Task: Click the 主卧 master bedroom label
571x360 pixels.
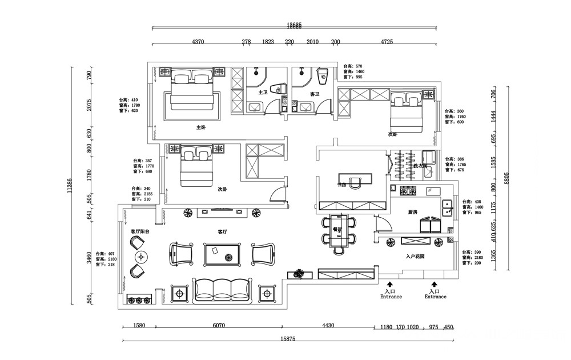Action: tap(201, 127)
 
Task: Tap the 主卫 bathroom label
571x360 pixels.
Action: tap(263, 92)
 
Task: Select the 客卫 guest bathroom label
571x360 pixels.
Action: tap(314, 94)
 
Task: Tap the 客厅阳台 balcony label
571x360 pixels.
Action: tap(140, 231)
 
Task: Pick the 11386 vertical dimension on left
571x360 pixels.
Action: tap(70, 186)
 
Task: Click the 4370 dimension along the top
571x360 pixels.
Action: tap(198, 42)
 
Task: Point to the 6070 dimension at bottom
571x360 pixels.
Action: tap(219, 326)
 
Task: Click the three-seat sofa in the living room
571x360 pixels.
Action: tap(222, 290)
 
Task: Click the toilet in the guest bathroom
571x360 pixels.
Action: tap(321, 74)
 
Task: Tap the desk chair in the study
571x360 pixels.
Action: tap(356, 182)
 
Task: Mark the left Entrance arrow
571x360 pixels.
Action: tap(390, 283)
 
